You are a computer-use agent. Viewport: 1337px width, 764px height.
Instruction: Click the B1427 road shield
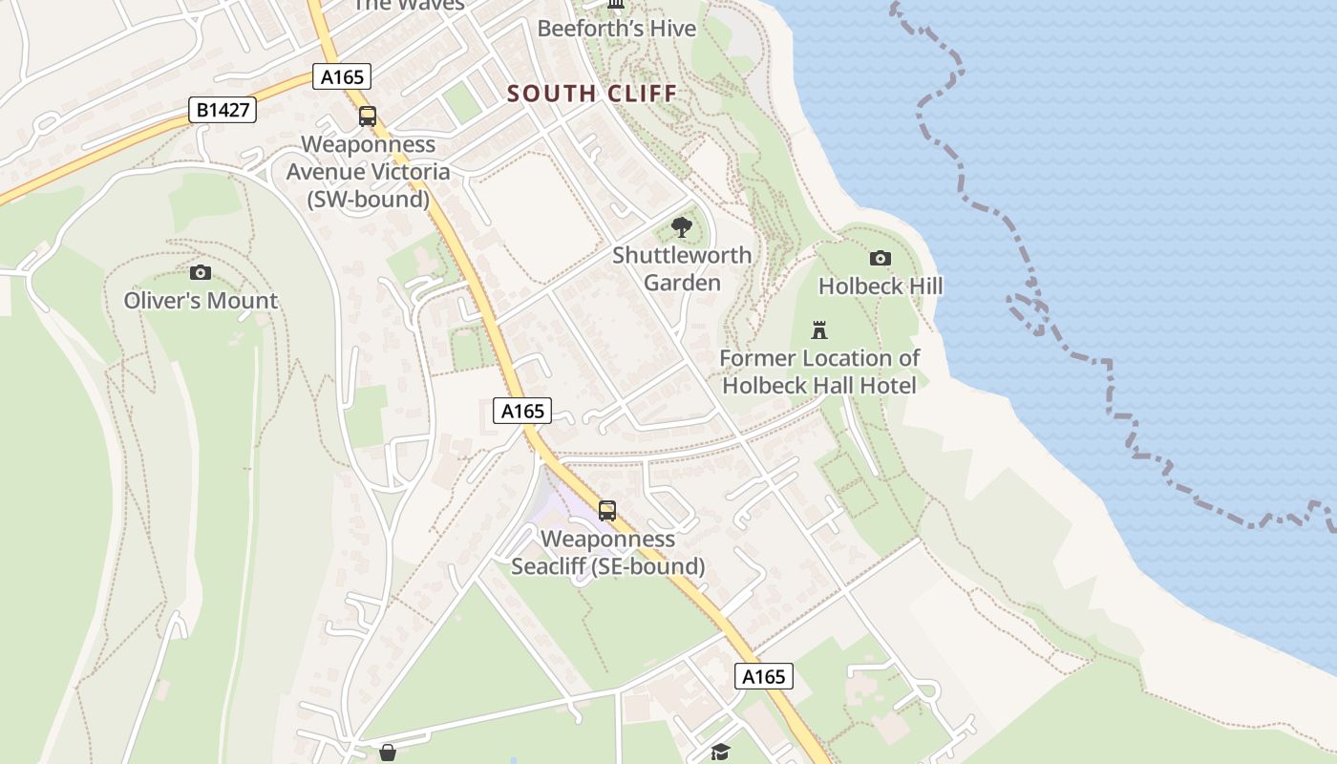pyautogui.click(x=223, y=111)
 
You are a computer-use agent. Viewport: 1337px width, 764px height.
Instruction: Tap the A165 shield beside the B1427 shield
pyautogui.click(x=342, y=77)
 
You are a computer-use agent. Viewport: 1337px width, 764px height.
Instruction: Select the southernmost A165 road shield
pyautogui.click(x=764, y=677)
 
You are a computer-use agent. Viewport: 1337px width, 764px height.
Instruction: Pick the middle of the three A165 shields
pyautogui.click(x=523, y=411)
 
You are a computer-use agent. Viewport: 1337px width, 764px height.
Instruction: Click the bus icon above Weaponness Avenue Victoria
pyautogui.click(x=368, y=117)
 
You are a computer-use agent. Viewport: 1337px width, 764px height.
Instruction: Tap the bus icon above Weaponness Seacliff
pyautogui.click(x=607, y=511)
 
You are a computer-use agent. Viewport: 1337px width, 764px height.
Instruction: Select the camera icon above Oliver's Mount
pyautogui.click(x=201, y=273)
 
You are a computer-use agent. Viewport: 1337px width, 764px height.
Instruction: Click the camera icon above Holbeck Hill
pyautogui.click(x=881, y=258)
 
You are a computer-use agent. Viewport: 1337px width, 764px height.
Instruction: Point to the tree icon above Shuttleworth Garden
pyautogui.click(x=682, y=227)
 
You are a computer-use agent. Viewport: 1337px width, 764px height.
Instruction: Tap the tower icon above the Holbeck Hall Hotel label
pyautogui.click(x=819, y=330)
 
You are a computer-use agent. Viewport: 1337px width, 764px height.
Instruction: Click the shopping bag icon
pyautogui.click(x=388, y=753)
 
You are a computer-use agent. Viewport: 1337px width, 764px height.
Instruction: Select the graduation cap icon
pyautogui.click(x=720, y=753)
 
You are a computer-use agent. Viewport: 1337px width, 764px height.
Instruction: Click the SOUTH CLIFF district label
pyautogui.click(x=592, y=94)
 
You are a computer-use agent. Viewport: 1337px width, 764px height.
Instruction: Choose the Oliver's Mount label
pyautogui.click(x=201, y=301)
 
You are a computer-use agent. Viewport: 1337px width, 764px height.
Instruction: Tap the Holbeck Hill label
pyautogui.click(x=881, y=286)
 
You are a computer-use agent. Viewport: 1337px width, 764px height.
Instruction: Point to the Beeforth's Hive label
pyautogui.click(x=617, y=29)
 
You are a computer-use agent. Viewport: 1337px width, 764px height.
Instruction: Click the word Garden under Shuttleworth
pyautogui.click(x=682, y=283)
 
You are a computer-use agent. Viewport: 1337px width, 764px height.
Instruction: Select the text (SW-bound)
pyautogui.click(x=368, y=200)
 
